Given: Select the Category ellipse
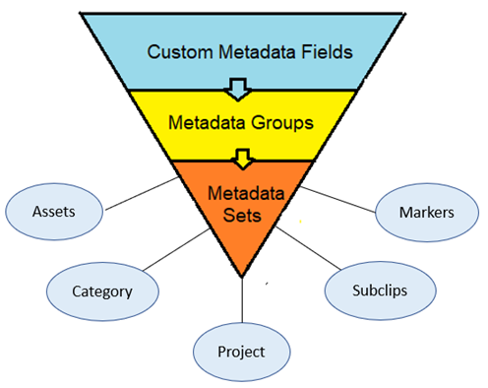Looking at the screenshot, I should pos(102,291).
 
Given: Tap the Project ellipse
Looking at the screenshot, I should pos(242,351).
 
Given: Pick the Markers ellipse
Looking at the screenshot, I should pos(426,213).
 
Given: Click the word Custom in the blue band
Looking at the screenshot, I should pos(178,51).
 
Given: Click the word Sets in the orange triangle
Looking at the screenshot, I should pos(241,210).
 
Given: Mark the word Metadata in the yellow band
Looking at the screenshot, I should pos(209,124).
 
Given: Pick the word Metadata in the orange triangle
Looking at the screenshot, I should pos(241,187).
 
